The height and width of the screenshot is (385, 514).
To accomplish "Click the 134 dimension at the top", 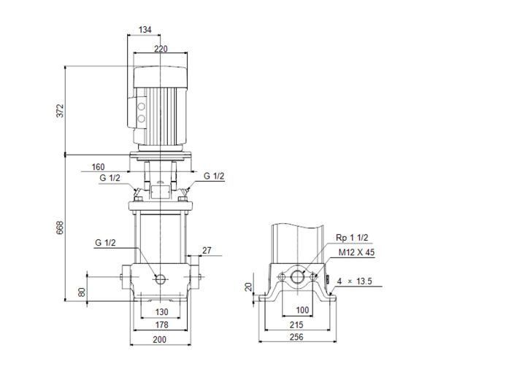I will (145, 30).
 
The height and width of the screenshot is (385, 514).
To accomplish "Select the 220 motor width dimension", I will (160, 49).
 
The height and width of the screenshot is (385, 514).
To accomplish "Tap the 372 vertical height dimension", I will (61, 110).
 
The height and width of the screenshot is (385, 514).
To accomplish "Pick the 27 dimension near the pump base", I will (206, 252).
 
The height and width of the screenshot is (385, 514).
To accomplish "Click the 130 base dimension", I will (160, 312).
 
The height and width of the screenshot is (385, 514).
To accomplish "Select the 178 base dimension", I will (160, 325).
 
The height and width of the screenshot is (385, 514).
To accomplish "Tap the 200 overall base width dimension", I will (160, 340).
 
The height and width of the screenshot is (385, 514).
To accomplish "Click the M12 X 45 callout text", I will (355, 252).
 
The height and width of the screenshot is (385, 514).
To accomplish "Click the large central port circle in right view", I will (298, 278).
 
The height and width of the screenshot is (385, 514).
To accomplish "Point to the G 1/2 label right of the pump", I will (215, 176).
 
